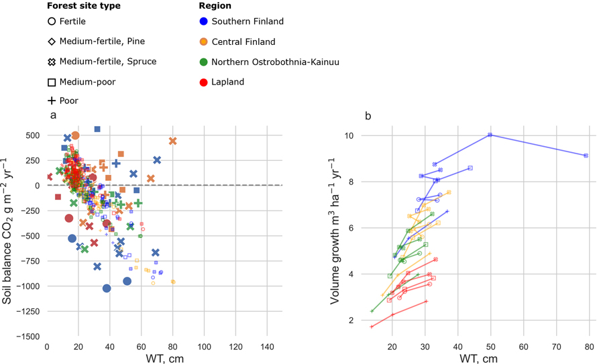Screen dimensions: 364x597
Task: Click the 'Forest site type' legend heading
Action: coord(84,6)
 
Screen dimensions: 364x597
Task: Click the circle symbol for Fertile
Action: coord(52,21)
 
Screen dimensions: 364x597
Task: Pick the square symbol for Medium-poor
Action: coord(52,82)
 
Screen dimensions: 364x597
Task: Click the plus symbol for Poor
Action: coord(52,101)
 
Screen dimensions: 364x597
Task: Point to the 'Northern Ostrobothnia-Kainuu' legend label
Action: coord(275,62)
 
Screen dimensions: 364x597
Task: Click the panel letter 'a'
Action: coord(53,116)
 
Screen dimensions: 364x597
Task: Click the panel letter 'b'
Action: coord(368,116)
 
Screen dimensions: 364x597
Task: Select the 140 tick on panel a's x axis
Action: coord(266,347)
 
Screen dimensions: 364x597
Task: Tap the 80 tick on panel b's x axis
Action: coord(589,347)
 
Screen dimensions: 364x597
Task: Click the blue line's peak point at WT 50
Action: coord(490,135)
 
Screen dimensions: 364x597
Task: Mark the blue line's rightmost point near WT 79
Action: coord(586,156)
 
